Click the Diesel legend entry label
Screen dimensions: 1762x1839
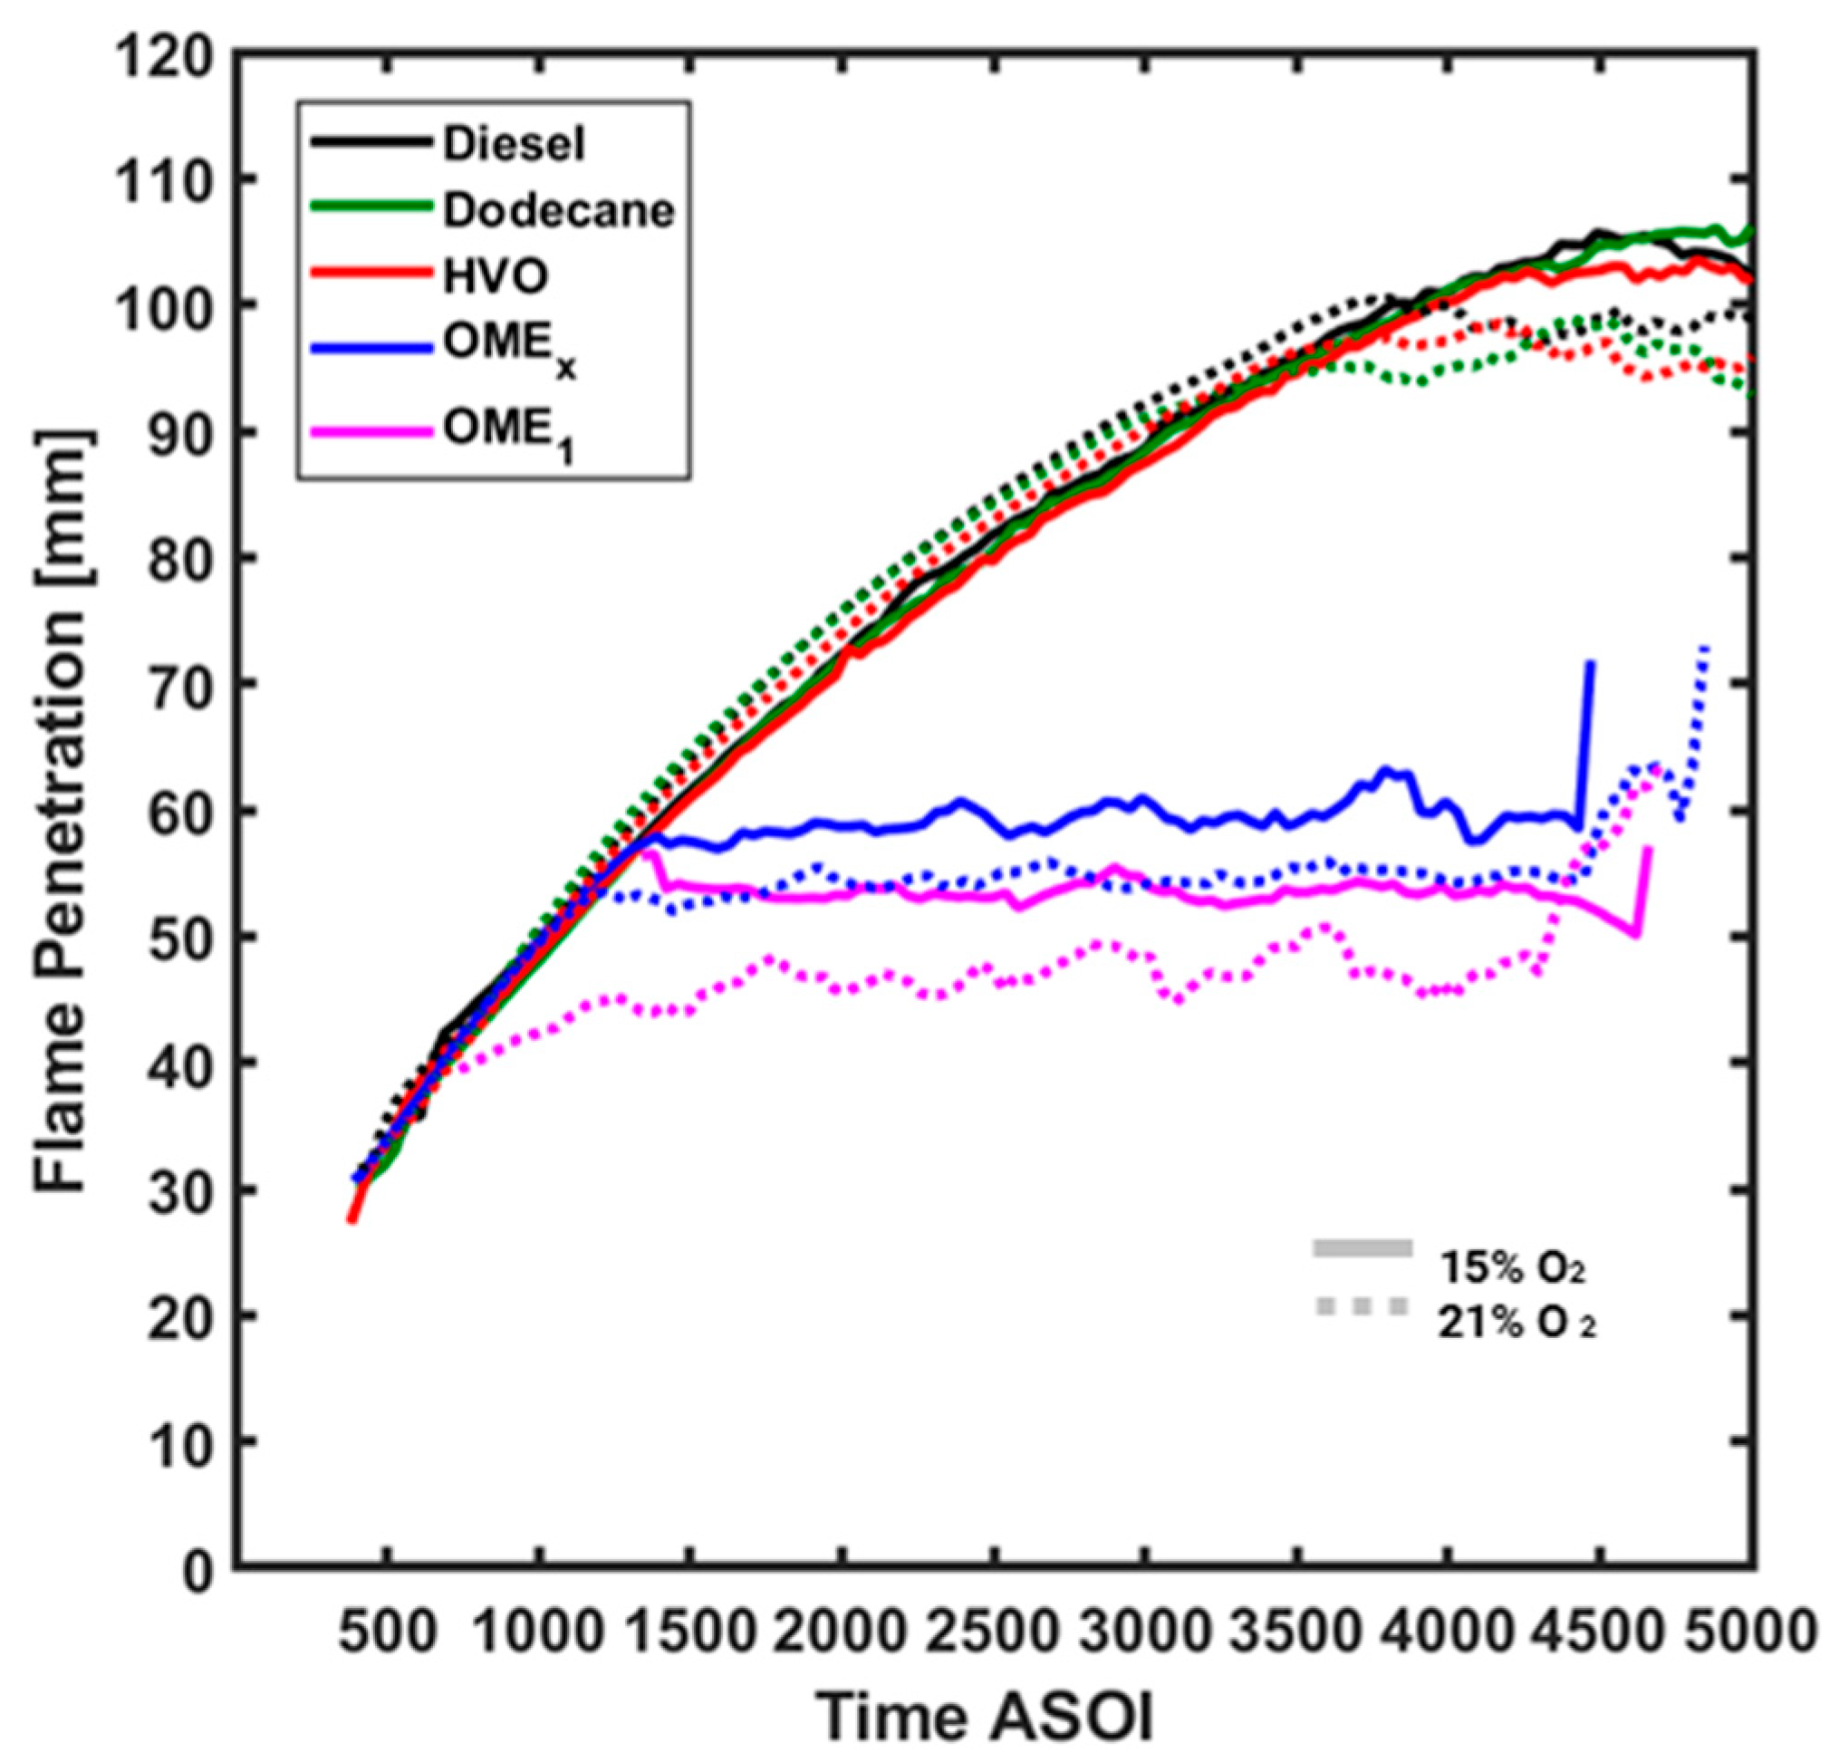pos(515,144)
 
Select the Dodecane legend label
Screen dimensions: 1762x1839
pos(558,211)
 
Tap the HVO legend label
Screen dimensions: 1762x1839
pos(496,278)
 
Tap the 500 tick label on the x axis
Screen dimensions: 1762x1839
pos(388,1633)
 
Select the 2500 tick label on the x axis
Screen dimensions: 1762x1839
pos(993,1633)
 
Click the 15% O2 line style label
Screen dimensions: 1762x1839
pos(1513,1268)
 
